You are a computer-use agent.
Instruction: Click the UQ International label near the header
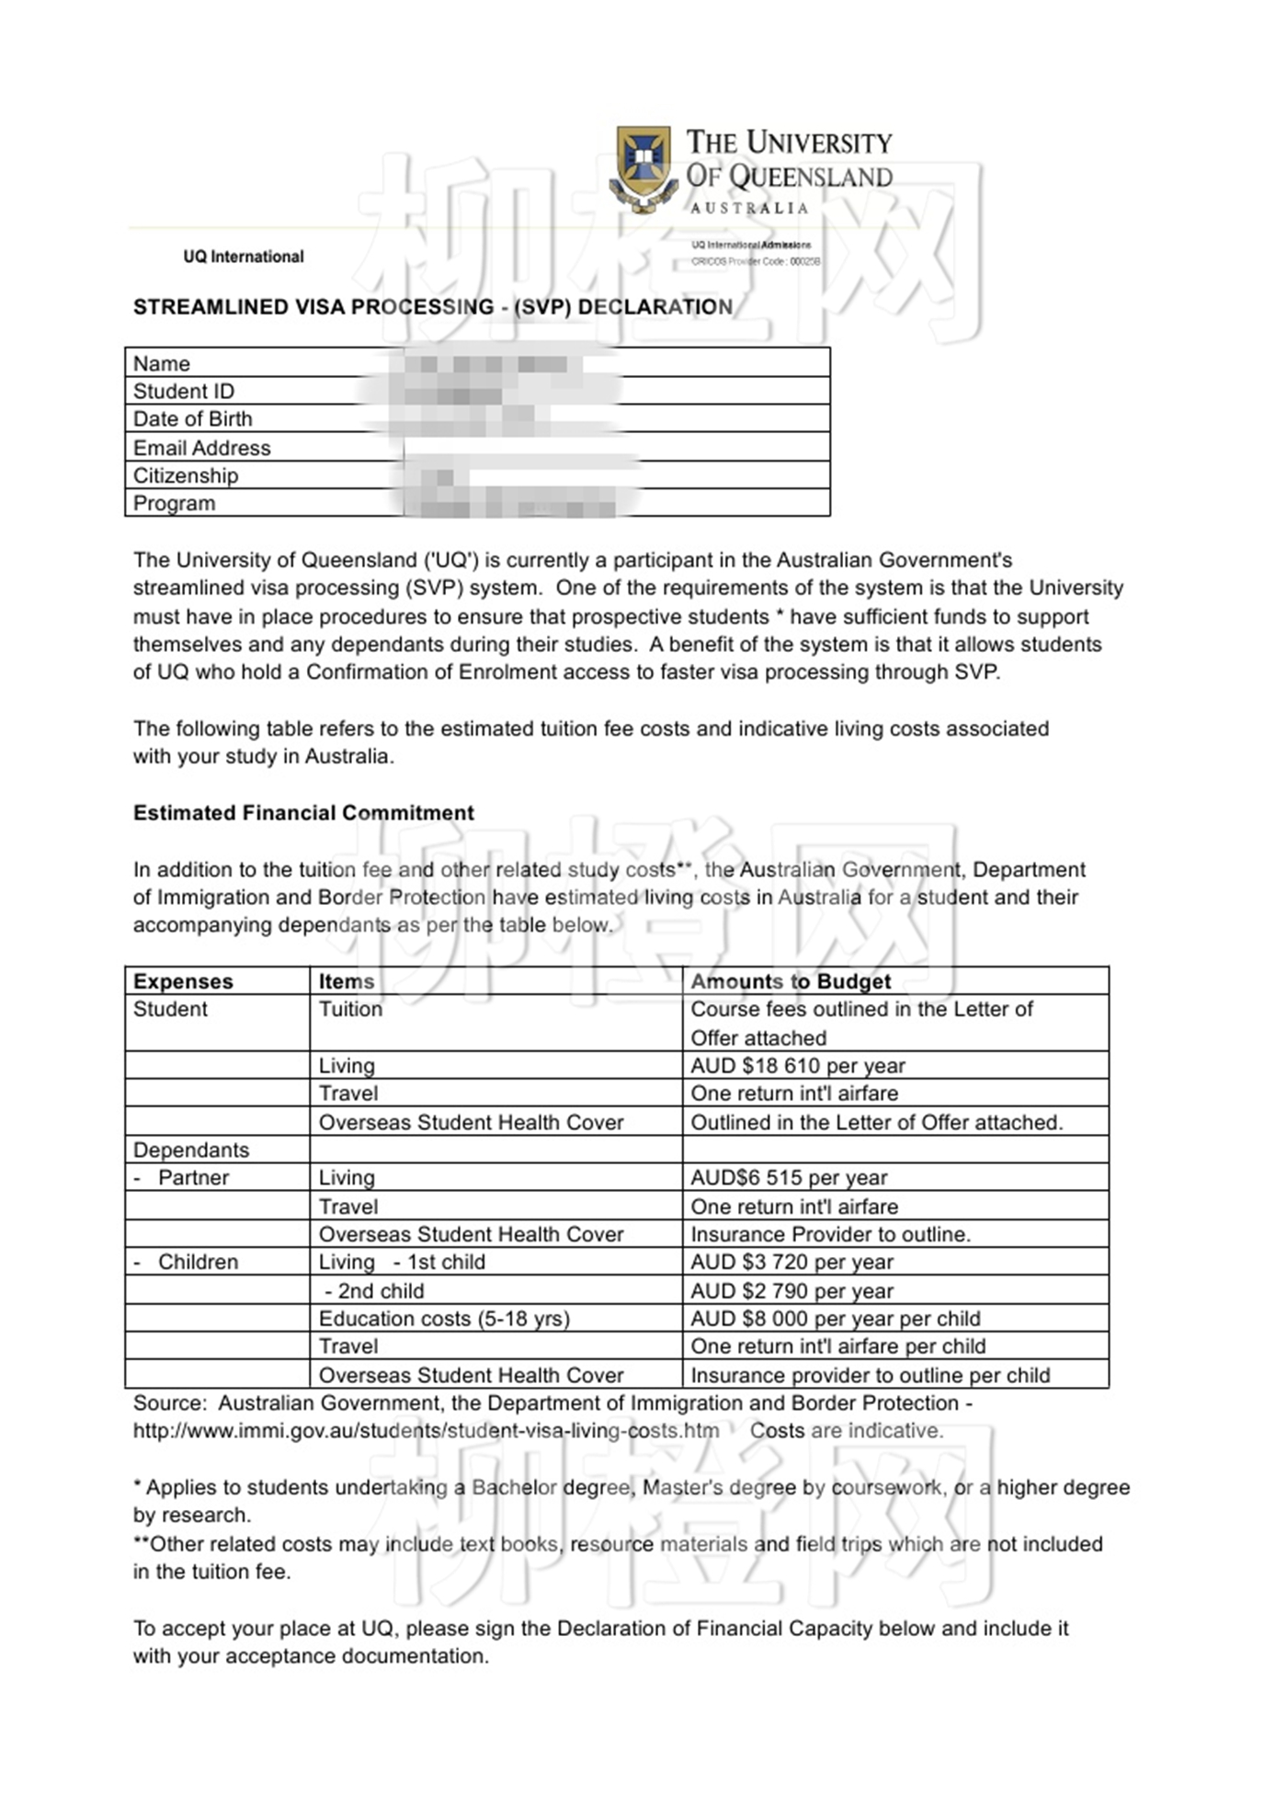243,257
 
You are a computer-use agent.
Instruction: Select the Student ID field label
184,392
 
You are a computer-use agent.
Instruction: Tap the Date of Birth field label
192,419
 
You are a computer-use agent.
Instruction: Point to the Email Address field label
201,448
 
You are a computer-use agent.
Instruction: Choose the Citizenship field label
186,475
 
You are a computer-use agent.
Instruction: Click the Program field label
174,503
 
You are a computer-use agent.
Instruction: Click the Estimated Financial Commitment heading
303,813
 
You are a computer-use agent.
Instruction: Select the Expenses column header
183,981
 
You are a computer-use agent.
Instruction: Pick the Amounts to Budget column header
791,981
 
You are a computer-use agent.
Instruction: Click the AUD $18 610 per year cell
798,1066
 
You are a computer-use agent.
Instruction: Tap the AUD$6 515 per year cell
789,1178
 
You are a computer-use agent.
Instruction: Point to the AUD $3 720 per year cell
792,1262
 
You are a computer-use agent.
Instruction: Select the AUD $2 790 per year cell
792,1290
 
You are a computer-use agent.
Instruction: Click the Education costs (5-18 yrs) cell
444,1319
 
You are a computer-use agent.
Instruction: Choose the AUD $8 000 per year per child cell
835,1319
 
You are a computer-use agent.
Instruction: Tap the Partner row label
193,1178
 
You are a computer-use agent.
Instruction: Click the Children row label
198,1262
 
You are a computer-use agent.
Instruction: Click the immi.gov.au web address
426,1431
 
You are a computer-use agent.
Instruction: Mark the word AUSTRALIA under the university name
749,209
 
